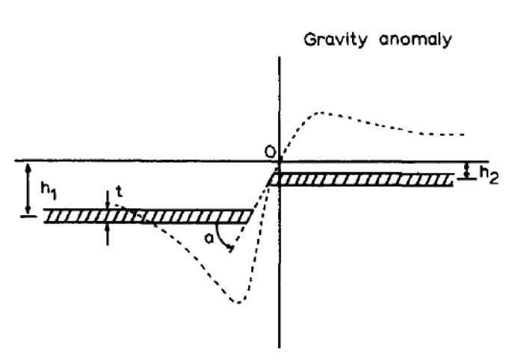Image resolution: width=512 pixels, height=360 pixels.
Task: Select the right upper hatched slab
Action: coord(362,180)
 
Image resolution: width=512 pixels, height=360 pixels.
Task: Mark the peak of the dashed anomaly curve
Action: coord(322,113)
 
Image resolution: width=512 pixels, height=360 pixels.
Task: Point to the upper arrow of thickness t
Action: coord(108,201)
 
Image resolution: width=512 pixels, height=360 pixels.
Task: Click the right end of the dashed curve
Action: coord(465,134)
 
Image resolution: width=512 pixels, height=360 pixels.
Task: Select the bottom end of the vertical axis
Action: coord(280,346)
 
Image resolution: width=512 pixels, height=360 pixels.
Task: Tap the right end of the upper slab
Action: coord(453,180)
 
